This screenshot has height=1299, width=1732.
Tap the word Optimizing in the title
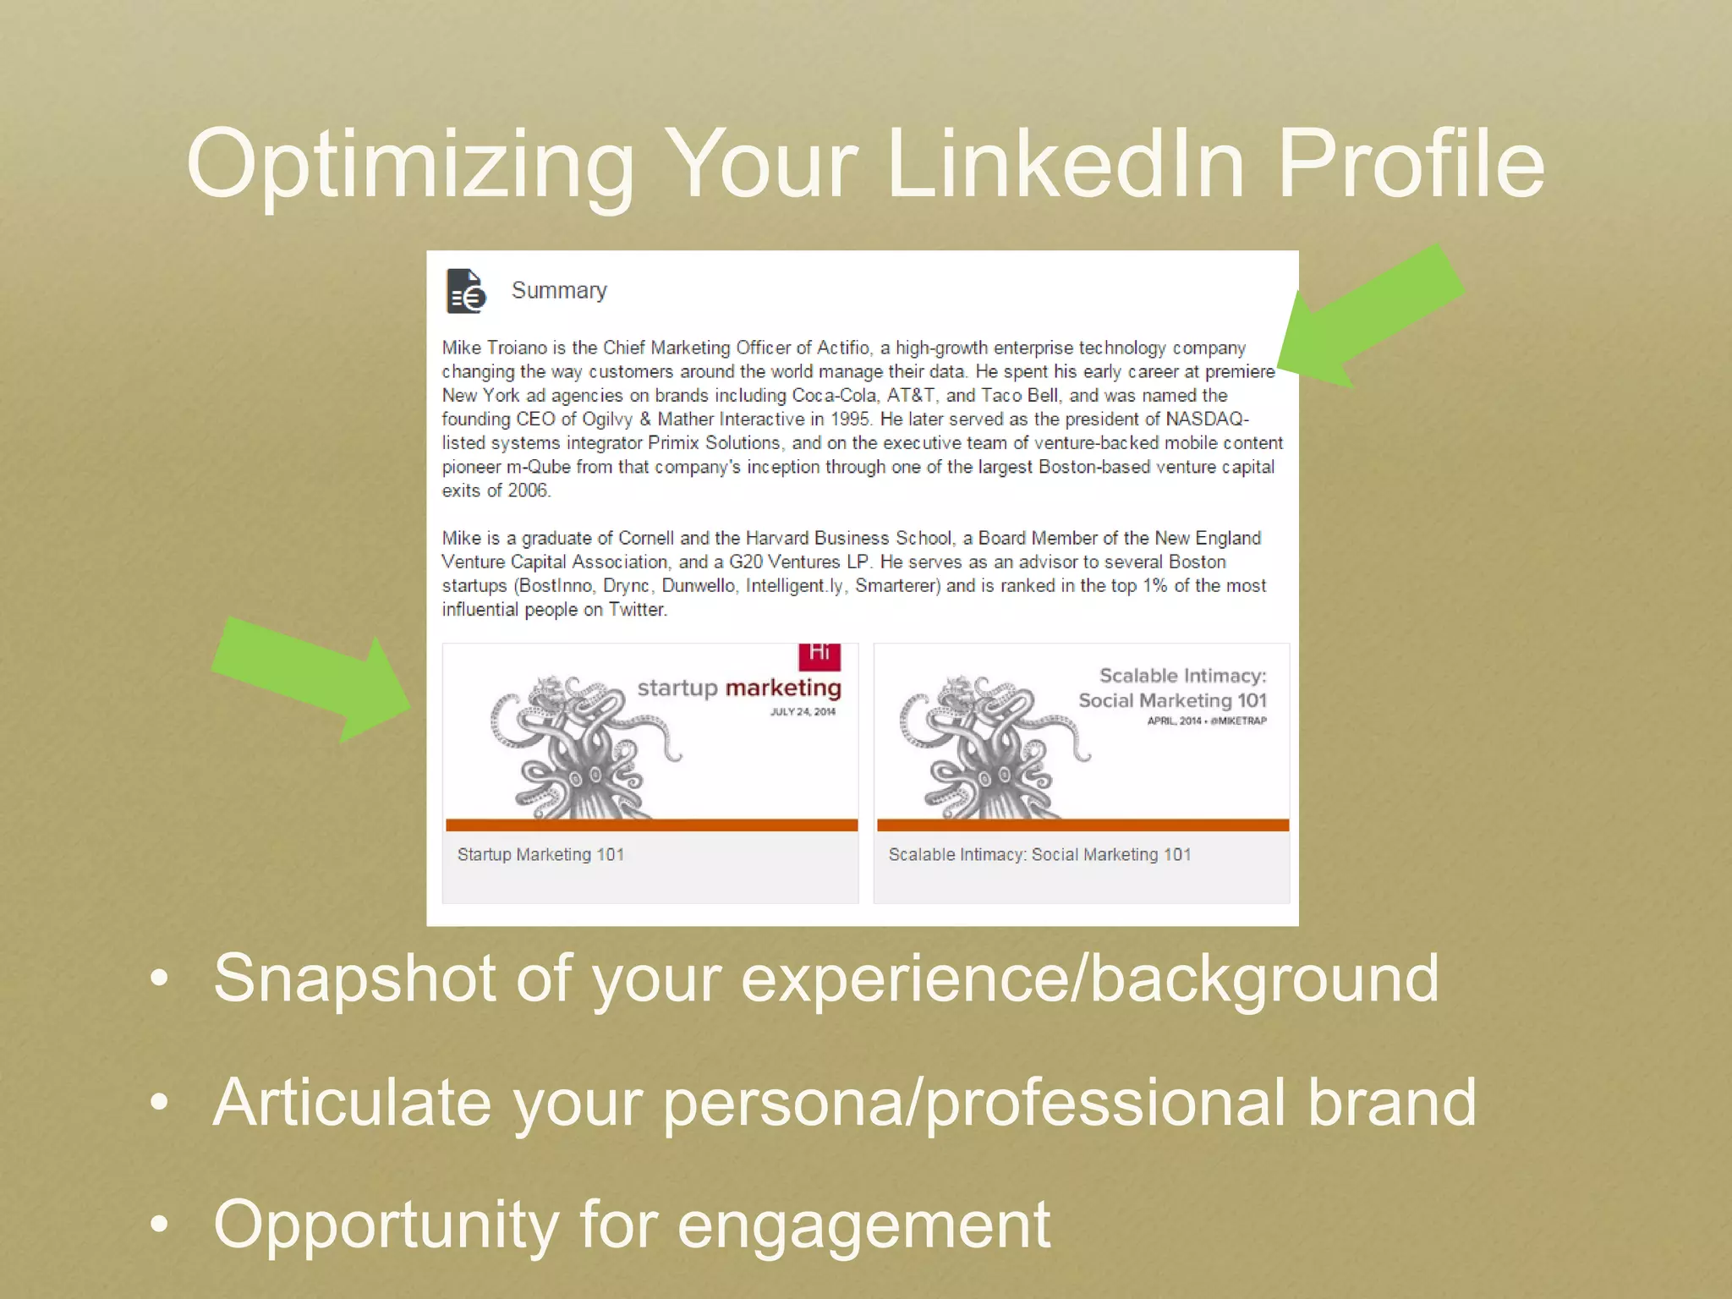tap(410, 166)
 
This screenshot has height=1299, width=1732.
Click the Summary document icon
tap(465, 291)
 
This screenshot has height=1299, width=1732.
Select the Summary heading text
tap(559, 291)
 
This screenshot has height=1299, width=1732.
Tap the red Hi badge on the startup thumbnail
tap(819, 654)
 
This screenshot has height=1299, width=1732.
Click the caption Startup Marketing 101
tap(540, 855)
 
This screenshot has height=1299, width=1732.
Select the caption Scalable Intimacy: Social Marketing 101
tap(1039, 855)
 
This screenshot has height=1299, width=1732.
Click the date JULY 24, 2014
tap(803, 712)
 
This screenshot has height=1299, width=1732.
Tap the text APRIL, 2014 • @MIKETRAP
tap(1207, 721)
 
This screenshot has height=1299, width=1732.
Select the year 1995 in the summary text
tap(850, 419)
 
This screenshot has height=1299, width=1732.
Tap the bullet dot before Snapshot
tap(159, 979)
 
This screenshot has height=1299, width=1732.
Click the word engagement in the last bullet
tap(863, 1225)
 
